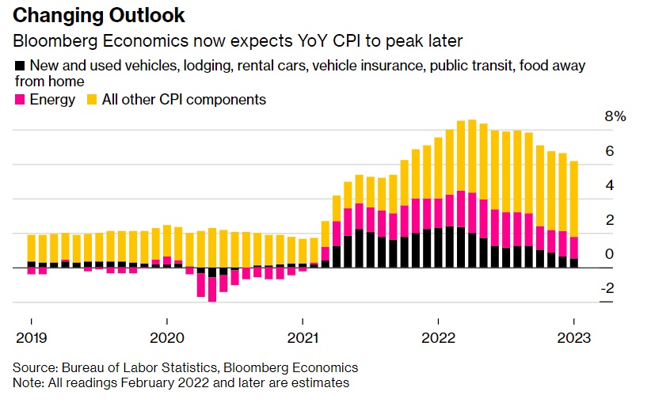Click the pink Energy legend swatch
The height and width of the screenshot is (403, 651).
point(20,100)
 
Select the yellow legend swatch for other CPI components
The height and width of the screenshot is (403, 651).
point(93,100)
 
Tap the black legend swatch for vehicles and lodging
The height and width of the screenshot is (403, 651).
point(20,66)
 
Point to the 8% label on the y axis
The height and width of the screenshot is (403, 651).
point(615,116)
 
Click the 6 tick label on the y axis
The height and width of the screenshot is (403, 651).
point(610,150)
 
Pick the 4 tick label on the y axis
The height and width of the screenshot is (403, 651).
point(610,185)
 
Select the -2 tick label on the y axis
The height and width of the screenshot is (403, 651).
point(607,288)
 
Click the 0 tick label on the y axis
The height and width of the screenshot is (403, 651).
point(610,254)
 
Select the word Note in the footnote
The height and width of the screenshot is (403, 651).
point(27,382)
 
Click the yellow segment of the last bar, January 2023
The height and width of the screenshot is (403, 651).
point(573,198)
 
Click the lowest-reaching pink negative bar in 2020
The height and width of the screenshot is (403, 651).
point(212,288)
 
